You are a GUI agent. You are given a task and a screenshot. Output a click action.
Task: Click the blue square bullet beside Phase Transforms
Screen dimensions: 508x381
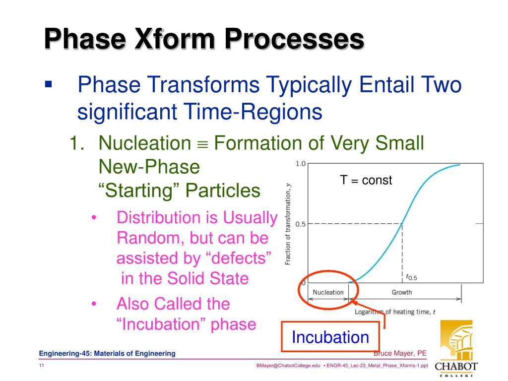point(49,84)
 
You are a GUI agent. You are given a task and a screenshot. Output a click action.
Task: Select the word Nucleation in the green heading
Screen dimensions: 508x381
point(145,143)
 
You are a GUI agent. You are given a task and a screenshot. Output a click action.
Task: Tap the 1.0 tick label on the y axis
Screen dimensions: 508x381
point(301,164)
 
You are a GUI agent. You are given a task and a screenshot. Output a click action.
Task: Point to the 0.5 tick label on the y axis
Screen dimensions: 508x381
point(301,224)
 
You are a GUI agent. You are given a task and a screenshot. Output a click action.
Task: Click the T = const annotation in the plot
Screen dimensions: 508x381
point(366,180)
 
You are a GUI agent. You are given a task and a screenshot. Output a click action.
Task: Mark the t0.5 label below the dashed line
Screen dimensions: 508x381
point(411,277)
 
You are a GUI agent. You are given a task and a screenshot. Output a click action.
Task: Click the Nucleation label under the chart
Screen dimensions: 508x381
point(328,292)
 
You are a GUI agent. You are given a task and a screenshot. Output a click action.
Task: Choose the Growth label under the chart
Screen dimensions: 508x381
point(402,292)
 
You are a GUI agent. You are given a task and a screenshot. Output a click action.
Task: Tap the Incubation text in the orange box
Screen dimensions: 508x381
point(330,337)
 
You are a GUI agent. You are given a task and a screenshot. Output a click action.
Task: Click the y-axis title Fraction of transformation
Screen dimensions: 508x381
point(288,224)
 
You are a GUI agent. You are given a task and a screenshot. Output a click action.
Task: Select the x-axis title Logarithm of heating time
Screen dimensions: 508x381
point(395,312)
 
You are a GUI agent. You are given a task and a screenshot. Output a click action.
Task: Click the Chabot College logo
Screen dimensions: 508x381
point(456,348)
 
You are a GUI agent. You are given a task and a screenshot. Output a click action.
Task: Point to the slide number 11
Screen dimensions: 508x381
point(42,366)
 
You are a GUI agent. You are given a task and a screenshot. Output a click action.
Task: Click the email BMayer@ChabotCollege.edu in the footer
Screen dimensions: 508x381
point(288,366)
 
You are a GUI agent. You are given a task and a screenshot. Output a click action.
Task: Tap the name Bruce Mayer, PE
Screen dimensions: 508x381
point(400,353)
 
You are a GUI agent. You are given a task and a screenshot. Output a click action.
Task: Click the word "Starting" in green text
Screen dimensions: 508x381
point(139,190)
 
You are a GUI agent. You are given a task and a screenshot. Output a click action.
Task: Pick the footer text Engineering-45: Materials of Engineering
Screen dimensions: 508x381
point(107,353)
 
